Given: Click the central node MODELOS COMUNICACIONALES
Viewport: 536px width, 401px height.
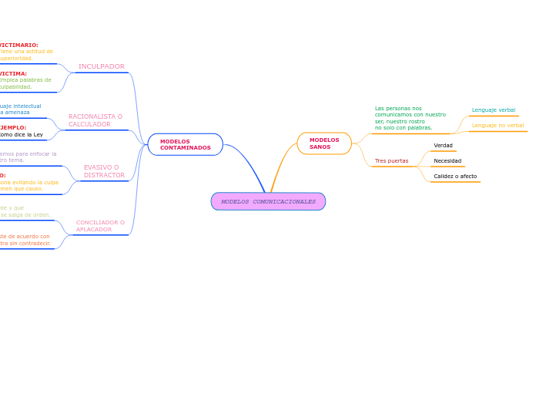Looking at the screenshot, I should pos(268,201).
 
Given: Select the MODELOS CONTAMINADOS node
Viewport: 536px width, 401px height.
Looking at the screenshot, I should pos(185,144).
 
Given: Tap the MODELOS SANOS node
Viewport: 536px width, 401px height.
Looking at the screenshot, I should pos(323,143).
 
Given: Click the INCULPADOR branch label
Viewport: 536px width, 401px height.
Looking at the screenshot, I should pos(101,66).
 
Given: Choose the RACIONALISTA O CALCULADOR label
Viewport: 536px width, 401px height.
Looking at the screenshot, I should pos(95,120).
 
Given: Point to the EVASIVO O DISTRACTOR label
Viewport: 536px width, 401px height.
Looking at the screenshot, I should pos(103,171).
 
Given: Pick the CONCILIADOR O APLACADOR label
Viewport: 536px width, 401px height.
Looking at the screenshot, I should pos(100,226).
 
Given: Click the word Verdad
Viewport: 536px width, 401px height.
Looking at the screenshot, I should pos(443,145).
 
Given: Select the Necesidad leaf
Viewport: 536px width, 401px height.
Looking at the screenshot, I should pos(447,161).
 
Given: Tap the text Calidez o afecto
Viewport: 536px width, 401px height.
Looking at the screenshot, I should pos(455,176).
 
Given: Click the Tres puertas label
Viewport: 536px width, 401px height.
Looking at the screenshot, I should pos(391,160).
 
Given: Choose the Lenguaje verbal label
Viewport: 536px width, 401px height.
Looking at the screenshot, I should pos(494,110).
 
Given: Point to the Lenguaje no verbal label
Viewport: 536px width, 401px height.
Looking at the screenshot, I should pos(497,125).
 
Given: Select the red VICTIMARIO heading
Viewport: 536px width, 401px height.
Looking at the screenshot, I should pos(18,45).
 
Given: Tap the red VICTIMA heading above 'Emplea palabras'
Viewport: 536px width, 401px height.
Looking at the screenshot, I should pos(13,74).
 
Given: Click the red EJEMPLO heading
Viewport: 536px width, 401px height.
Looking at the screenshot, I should pos(13,128).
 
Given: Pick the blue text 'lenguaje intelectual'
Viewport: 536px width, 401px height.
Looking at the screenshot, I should pos(21,106).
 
